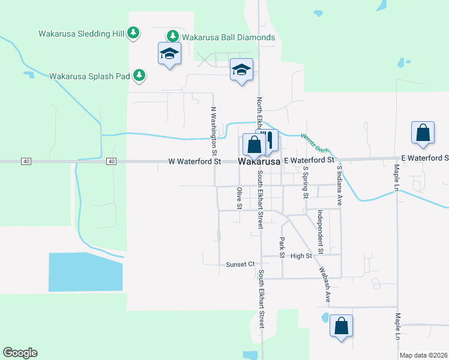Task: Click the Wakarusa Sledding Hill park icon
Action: coord(134,33)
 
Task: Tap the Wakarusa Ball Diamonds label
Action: coord(228,37)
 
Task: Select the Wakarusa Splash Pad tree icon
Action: coord(139,75)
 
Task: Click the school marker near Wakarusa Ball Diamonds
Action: coord(170,53)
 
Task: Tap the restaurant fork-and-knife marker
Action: coord(269,140)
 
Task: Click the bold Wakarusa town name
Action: coord(259,162)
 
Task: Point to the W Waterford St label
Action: coord(194,161)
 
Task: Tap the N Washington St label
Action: coord(213,128)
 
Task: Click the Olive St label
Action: coord(239,198)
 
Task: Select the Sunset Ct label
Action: coord(240,264)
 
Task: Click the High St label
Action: coord(301,256)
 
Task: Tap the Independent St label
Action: coord(321,230)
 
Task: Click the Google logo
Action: coord(20,353)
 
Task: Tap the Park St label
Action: coord(281,244)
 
